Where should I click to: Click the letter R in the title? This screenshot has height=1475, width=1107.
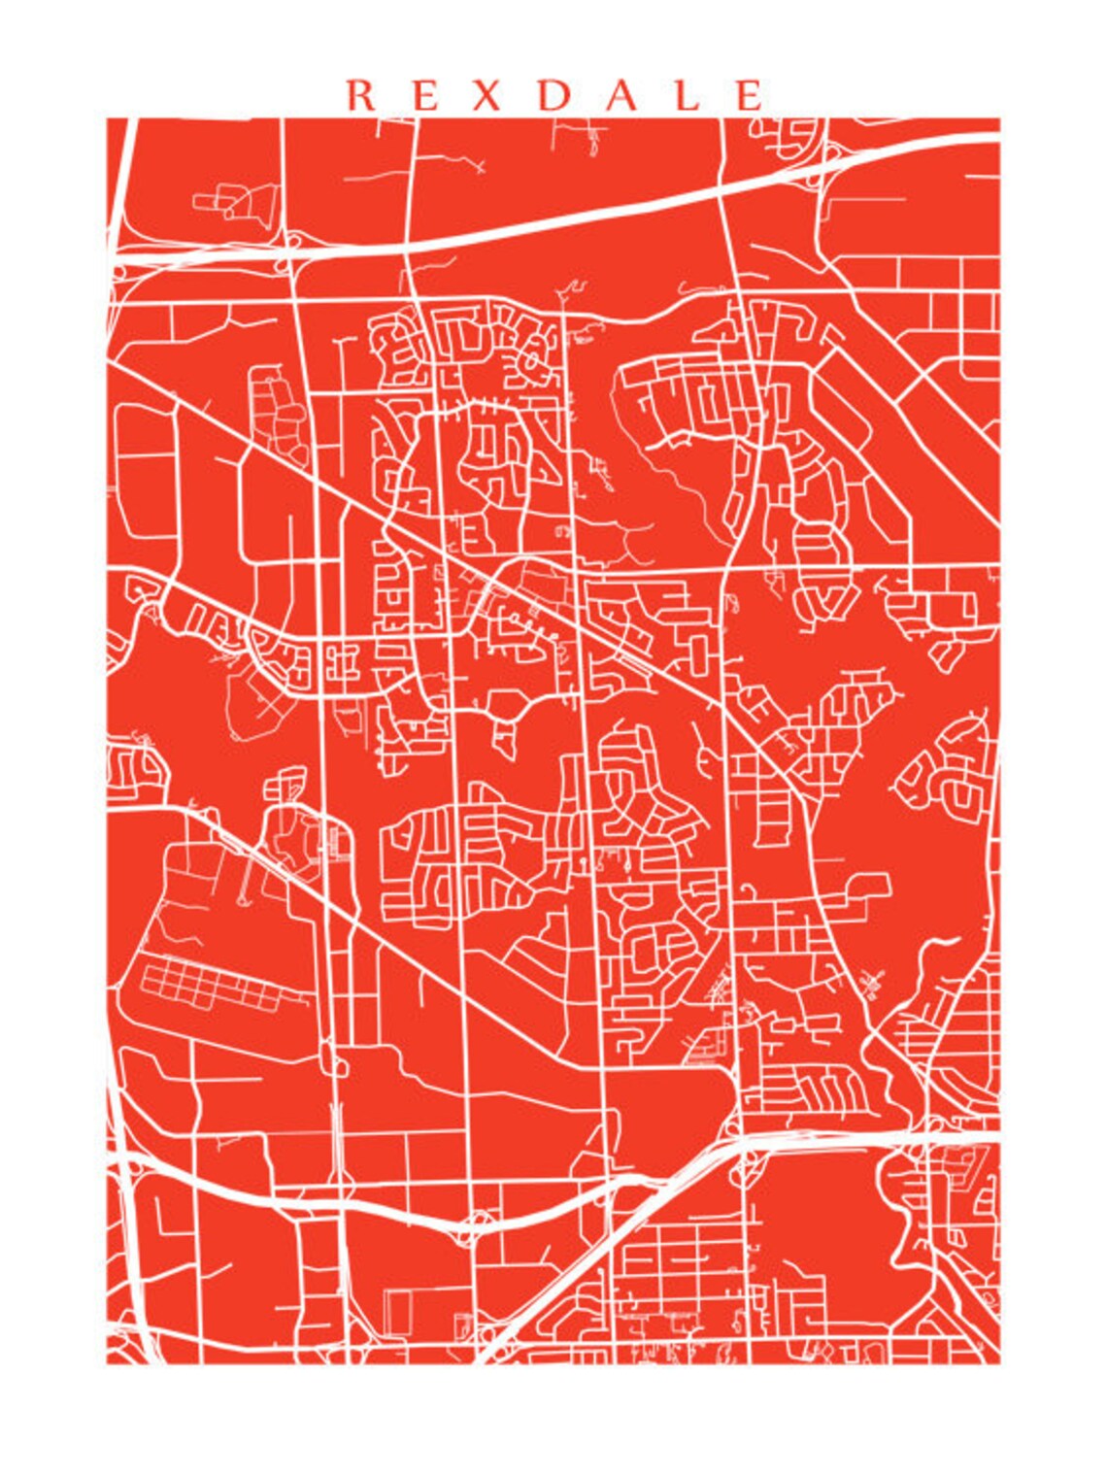pos(361,95)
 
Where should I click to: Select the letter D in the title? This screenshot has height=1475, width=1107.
pos(554,95)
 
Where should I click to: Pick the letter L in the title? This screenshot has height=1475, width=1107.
pos(688,95)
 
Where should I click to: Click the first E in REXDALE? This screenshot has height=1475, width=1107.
pos(424,95)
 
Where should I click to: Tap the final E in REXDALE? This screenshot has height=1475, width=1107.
pos(750,95)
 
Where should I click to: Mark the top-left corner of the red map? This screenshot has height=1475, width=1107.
pos(108,119)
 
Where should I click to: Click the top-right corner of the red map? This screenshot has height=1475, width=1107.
pos(999,119)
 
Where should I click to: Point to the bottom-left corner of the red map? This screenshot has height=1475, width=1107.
pos(108,1362)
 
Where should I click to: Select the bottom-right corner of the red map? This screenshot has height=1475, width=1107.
pos(999,1362)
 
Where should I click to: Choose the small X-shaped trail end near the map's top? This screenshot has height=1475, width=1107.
pos(476,167)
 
